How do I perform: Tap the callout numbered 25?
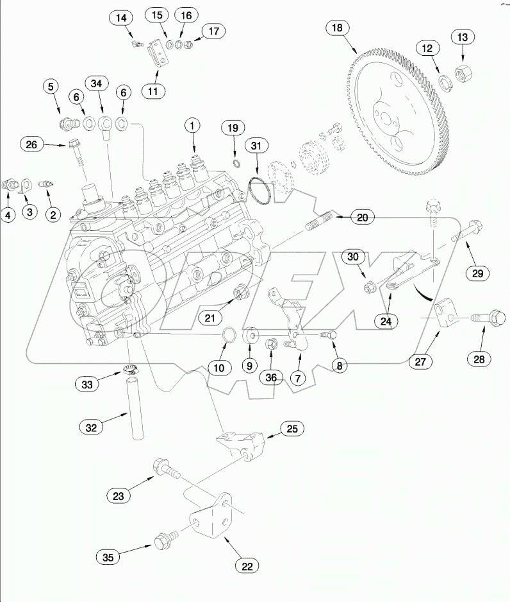[x=291, y=429]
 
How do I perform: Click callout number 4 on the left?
[x=8, y=215]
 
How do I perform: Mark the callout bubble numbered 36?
[x=271, y=378]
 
